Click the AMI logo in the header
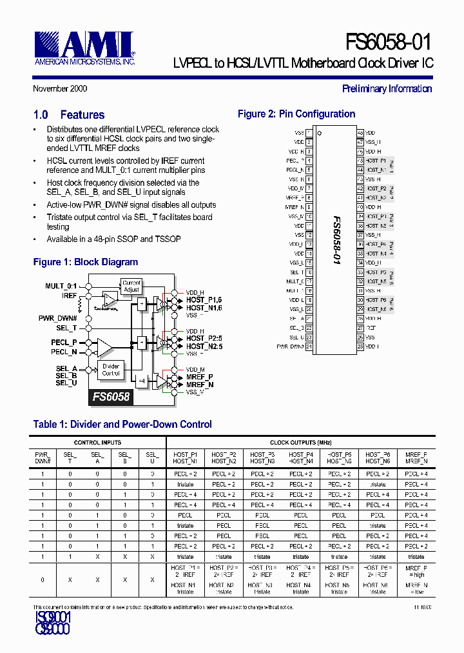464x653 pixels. (x=84, y=48)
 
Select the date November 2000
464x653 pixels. (x=60, y=89)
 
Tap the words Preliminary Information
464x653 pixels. (x=387, y=89)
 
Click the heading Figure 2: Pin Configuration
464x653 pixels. (x=296, y=114)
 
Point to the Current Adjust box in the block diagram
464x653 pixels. (x=131, y=286)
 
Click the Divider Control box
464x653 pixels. (x=111, y=370)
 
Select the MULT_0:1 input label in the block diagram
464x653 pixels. (x=61, y=286)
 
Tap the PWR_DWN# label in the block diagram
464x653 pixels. (x=58, y=318)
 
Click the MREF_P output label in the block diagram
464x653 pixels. (x=199, y=376)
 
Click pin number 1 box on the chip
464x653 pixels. (x=309, y=132)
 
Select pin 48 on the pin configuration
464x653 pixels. (x=360, y=132)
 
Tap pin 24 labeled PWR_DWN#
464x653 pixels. (x=309, y=347)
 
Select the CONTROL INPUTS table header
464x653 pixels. (x=97, y=443)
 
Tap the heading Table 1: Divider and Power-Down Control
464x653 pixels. (x=122, y=425)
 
